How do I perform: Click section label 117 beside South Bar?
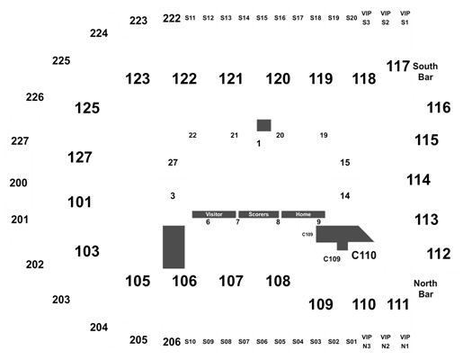398,67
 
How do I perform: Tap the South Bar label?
425,72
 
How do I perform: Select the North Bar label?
425,289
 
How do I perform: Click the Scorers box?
259,214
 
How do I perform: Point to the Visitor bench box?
214,214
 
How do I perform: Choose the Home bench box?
303,214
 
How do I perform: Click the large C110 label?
364,256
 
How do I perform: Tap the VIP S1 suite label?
405,18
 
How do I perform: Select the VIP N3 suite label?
366,342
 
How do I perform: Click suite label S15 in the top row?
262,18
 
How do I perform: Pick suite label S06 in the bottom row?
262,342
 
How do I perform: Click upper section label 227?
20,141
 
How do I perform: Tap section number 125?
87,108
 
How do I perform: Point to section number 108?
278,281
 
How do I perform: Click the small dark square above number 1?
263,125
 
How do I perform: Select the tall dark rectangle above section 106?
174,247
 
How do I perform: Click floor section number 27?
173,163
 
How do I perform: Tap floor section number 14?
345,196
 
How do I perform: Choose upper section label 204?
99,328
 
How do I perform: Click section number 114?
418,180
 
